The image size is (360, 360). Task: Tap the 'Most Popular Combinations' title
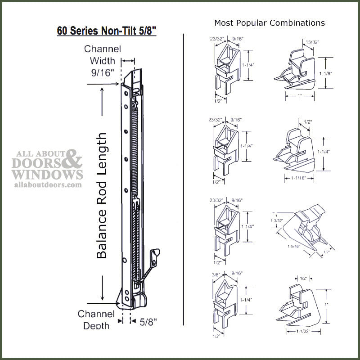[x=269, y=22]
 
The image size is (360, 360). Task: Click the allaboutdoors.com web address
[x=49, y=184]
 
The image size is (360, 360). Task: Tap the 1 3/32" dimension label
[x=277, y=220]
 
